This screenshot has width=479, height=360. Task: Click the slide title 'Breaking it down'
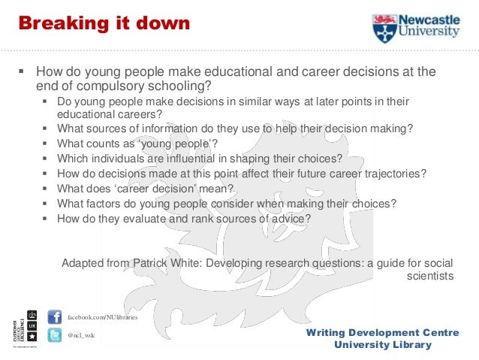point(104,23)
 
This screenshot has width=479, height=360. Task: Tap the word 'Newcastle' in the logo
point(431,20)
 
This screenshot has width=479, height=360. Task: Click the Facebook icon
point(55,317)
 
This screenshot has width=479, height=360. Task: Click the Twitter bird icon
point(55,335)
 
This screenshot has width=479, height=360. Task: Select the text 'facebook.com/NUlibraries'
point(103,318)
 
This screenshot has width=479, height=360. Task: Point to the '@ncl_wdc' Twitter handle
point(82,335)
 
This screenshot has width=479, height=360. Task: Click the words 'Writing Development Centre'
point(383,332)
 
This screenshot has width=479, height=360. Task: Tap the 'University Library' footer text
point(383,345)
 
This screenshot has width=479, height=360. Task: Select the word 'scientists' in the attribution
point(430,276)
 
